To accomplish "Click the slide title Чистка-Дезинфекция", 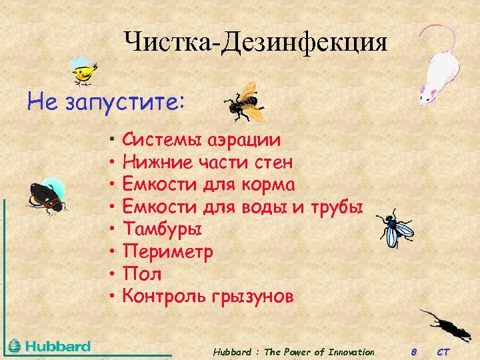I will (x=255, y=43).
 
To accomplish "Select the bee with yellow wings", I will (x=243, y=101).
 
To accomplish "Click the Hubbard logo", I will (x=50, y=346).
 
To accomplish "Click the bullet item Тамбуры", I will (x=163, y=229).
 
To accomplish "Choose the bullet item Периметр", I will (x=168, y=252).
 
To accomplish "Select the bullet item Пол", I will (x=143, y=274).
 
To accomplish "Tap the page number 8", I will (x=413, y=351).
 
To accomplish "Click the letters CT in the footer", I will (x=443, y=351).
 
